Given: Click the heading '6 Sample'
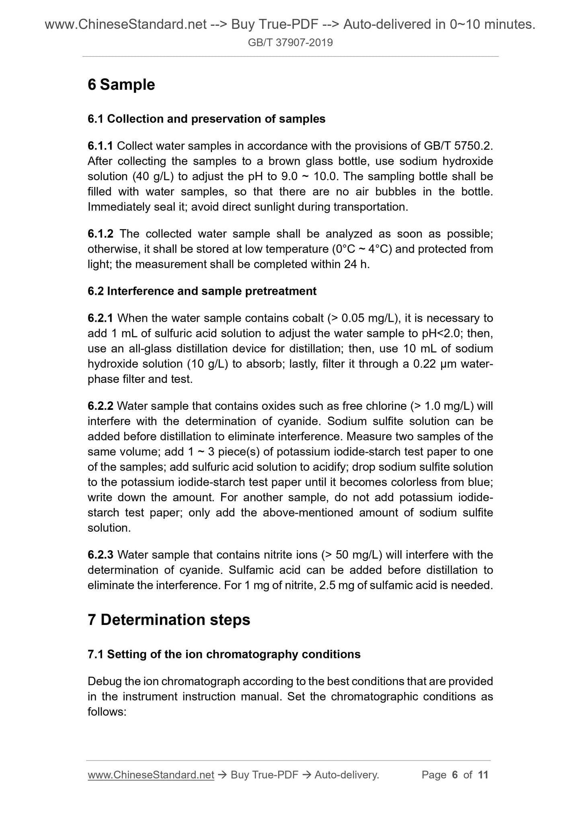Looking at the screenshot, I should [x=121, y=85].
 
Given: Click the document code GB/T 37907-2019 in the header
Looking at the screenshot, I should [x=290, y=43].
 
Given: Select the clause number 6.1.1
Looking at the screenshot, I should [x=101, y=146].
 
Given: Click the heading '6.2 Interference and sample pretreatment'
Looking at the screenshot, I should [x=202, y=291].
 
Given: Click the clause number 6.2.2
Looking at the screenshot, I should [x=101, y=406].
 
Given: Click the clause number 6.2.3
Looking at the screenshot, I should [x=101, y=555].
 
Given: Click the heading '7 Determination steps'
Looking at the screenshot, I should [x=169, y=620].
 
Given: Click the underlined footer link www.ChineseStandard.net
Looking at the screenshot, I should [x=151, y=775].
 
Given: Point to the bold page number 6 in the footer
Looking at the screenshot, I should [x=455, y=775].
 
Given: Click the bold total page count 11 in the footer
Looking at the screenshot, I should [x=483, y=775].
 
